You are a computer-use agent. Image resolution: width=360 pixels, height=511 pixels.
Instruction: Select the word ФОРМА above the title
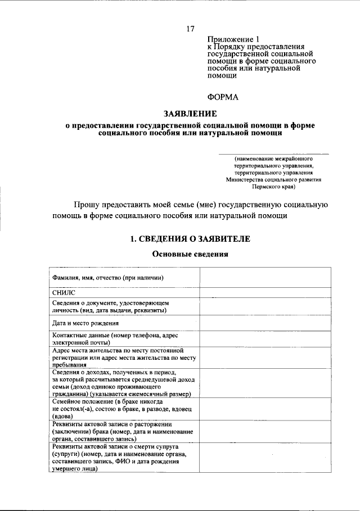[x=223, y=97]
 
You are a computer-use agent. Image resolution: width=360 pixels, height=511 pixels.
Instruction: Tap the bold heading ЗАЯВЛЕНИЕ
[x=190, y=114]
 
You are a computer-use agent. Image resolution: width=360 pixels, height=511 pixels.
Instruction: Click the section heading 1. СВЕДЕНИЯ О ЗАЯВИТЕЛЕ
[x=190, y=239]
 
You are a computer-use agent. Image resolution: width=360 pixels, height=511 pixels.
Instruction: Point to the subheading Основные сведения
[x=190, y=254]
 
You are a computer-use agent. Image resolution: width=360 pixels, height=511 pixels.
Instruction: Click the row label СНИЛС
[x=63, y=292]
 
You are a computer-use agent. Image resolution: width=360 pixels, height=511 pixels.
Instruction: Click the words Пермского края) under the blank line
[x=273, y=188]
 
